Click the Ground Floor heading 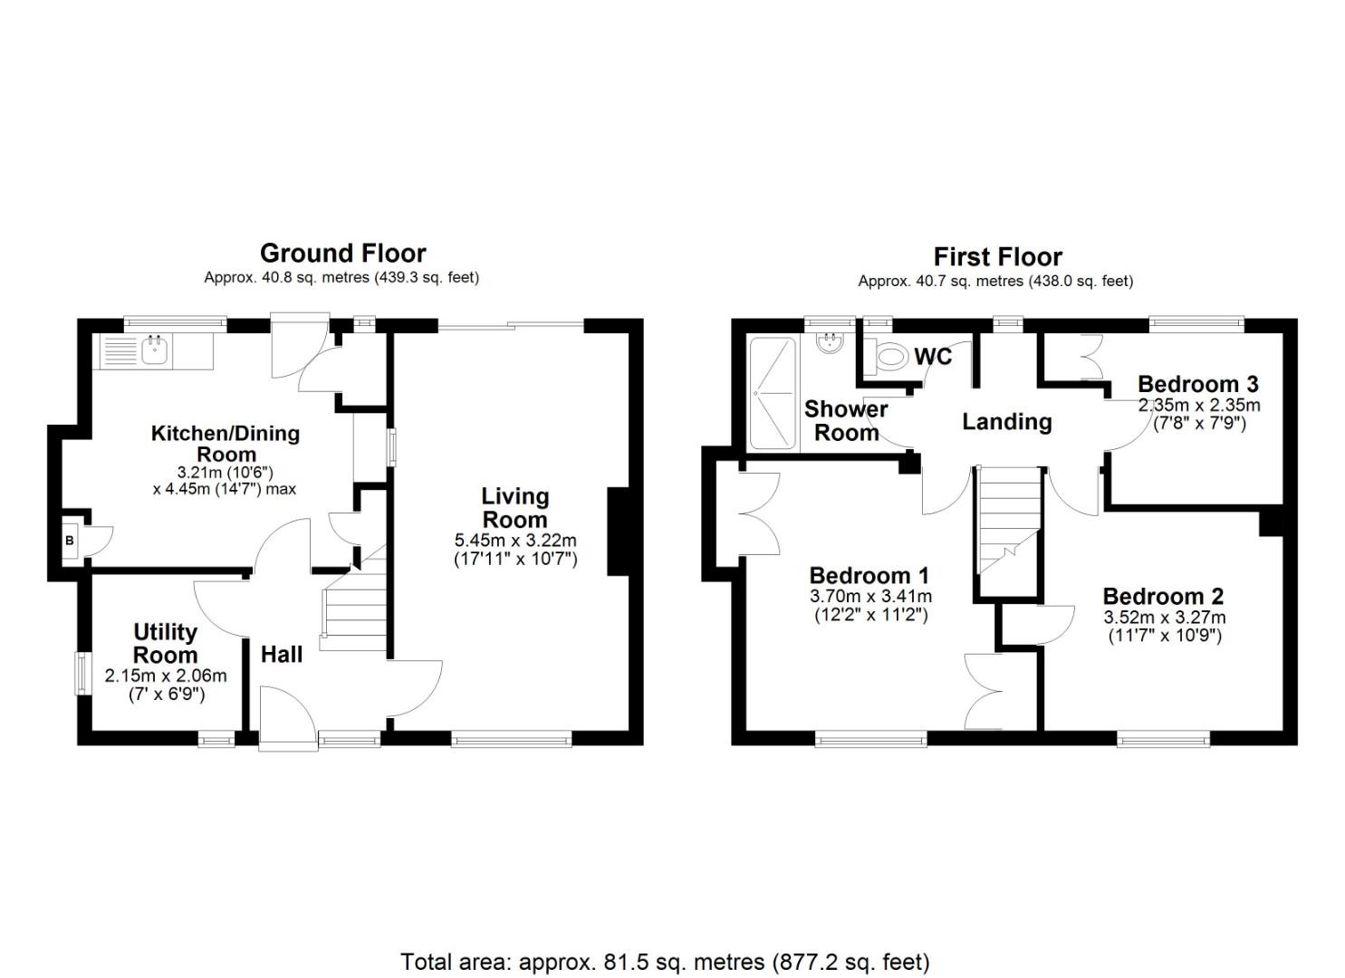coord(343,254)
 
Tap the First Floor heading coord(997,257)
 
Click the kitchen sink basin coord(155,350)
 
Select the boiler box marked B coord(70,541)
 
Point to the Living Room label coord(514,508)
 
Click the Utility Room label coord(165,644)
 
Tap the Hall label coord(282,655)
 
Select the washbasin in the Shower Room coord(831,344)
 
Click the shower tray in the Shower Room coord(773,393)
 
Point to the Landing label coord(1007,421)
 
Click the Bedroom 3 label coord(1198,384)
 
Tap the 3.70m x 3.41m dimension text coord(870,596)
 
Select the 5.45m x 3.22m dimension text coord(515,540)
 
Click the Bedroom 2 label coord(1164,596)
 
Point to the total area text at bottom coord(665,962)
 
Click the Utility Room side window coord(80,674)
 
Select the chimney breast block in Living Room coord(619,532)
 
